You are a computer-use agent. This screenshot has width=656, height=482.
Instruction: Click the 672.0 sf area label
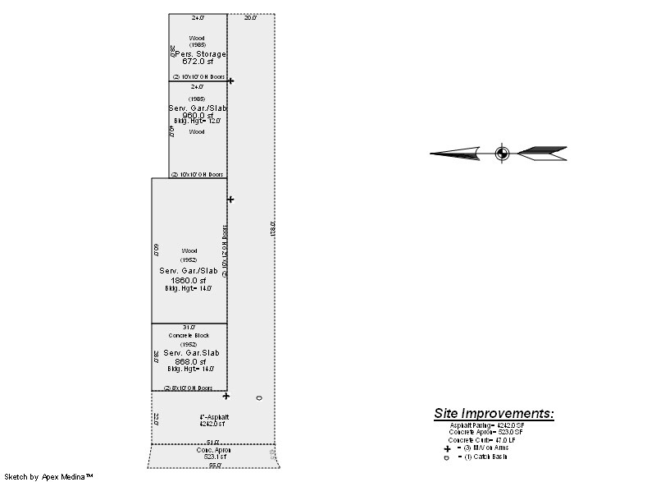[x=197, y=62]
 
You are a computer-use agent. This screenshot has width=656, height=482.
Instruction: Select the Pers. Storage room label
[x=198, y=53]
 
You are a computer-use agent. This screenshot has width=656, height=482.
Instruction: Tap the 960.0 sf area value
[x=197, y=115]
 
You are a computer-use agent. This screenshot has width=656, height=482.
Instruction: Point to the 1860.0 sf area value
[x=189, y=280]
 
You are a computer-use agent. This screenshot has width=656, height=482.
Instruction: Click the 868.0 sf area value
[x=189, y=361]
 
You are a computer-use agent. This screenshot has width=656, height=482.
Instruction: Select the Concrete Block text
[x=189, y=336]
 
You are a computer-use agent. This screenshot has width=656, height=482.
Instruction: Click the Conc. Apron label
[x=211, y=450]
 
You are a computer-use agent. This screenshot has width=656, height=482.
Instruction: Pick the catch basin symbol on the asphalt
[x=259, y=398]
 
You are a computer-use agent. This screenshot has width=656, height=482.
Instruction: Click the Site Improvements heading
[x=494, y=413]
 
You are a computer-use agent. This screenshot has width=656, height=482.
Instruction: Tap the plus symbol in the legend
[x=447, y=449]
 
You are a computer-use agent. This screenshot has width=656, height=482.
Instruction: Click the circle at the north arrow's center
[x=502, y=153]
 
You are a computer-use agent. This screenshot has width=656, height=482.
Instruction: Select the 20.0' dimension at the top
[x=251, y=17]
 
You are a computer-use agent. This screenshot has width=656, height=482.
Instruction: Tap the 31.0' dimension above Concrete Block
[x=189, y=327]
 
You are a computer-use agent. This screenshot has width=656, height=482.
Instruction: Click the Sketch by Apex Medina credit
[x=48, y=476]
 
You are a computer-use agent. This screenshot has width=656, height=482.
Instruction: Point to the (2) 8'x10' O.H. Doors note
[x=188, y=388]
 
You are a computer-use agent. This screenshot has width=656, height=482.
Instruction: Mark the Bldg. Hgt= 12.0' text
[x=197, y=122]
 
